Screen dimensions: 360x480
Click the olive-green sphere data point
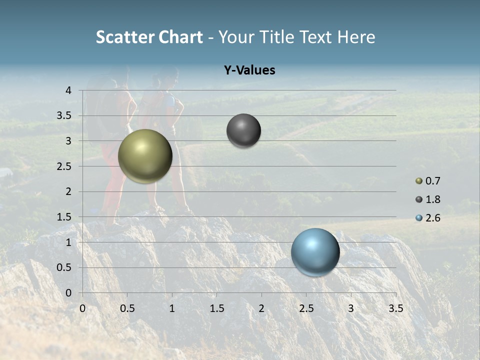[x=145, y=156]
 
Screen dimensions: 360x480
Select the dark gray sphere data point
[x=243, y=130]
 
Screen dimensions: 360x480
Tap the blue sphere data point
[x=315, y=252]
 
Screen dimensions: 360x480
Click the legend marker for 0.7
[x=419, y=181]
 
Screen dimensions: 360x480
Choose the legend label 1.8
[x=433, y=199]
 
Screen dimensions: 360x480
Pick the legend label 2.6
[x=433, y=218]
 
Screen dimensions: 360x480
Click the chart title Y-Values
[x=249, y=70]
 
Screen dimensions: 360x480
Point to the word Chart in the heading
[x=180, y=37]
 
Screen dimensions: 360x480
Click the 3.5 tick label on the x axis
[x=395, y=308]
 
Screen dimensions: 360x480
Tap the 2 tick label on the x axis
[x=261, y=308]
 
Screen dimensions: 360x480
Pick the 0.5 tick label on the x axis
[x=127, y=308]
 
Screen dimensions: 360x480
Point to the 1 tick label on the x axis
[x=172, y=308]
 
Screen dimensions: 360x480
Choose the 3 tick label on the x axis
[x=351, y=308]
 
